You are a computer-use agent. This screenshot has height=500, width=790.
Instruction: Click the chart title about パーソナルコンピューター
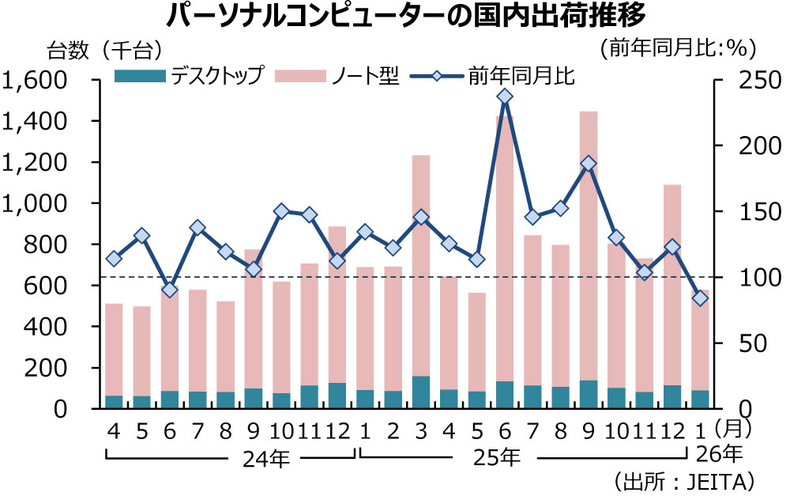[395, 17]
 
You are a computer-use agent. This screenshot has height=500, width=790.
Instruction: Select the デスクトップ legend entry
[189, 76]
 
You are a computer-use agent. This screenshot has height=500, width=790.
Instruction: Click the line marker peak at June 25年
[505, 97]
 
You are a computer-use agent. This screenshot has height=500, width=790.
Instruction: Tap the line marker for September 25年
[589, 164]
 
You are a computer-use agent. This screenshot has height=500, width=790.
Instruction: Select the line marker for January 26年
[700, 298]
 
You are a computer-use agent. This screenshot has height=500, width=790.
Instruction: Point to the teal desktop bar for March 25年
[421, 392]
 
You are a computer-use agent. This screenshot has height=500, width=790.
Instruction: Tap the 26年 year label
[720, 454]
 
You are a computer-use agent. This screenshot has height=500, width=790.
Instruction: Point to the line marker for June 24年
[170, 290]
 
